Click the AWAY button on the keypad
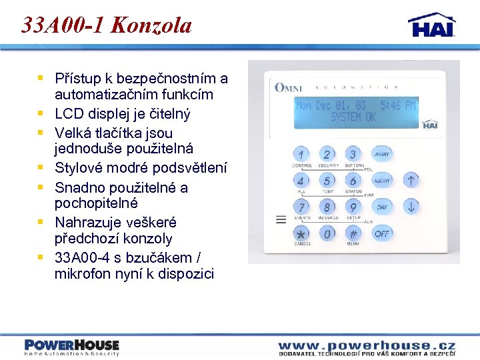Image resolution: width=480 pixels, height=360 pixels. click(381, 154)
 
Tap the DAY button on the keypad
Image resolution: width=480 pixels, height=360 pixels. click(381, 207)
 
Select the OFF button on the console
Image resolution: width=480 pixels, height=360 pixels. click(381, 234)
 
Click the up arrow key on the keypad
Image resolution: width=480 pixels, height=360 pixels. click(411, 180)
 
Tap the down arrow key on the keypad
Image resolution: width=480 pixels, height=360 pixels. click(411, 207)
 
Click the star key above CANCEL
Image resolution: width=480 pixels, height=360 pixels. click(301, 234)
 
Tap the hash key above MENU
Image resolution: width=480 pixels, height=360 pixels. click(353, 234)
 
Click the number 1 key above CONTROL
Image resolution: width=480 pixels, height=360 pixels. click(301, 155)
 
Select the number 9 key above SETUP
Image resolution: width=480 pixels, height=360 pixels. click(353, 207)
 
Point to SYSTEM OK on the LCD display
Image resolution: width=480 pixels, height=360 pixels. click(353, 117)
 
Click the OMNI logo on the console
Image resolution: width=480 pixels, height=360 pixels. click(288, 87)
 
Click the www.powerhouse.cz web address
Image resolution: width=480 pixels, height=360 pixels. click(367, 345)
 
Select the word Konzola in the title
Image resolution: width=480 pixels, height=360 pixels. click(151, 25)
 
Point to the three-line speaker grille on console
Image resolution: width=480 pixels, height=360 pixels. click(281, 219)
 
